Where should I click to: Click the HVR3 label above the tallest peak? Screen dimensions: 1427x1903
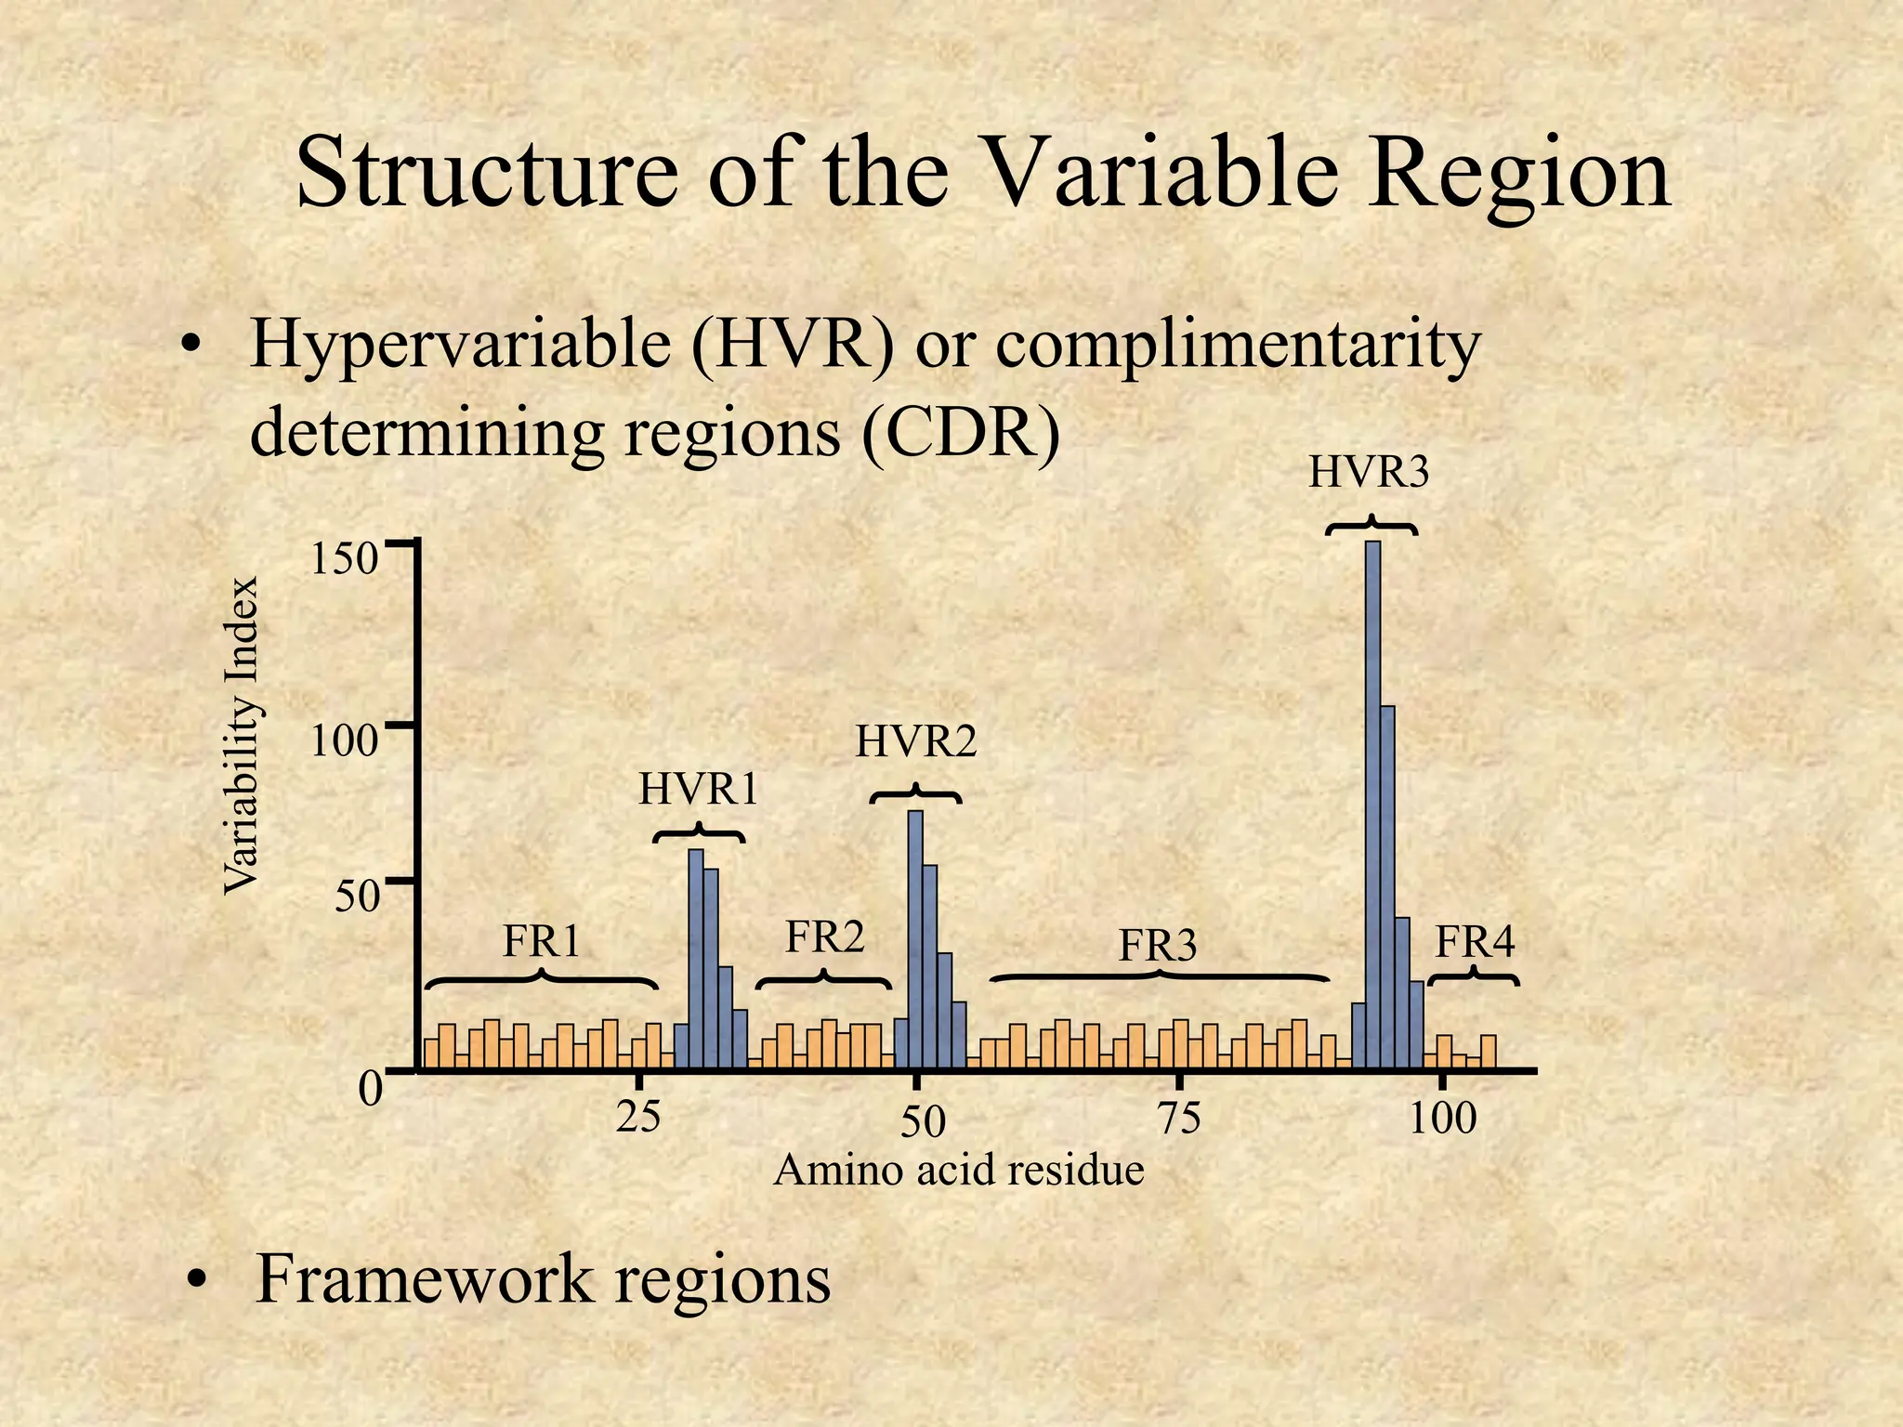click(1368, 473)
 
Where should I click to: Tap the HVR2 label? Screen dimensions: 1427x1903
click(916, 742)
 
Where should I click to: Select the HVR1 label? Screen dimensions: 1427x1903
click(698, 790)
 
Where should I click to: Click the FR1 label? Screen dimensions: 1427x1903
click(542, 941)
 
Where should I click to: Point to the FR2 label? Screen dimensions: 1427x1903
click(825, 936)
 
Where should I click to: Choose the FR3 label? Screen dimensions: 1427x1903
click(1157, 946)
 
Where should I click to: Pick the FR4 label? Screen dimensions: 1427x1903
click(1475, 942)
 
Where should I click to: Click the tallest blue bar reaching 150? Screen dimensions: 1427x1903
click(1372, 804)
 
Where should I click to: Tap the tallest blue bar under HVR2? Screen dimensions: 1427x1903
click(915, 938)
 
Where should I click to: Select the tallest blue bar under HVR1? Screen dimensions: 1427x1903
click(696, 957)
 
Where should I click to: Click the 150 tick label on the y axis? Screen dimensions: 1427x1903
click(343, 560)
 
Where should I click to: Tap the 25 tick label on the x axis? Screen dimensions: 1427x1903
click(639, 1116)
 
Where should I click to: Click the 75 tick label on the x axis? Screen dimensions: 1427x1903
click(1178, 1118)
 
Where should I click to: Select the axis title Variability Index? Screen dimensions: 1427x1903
click(241, 736)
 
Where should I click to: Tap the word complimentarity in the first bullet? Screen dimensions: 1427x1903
click(1238, 345)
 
